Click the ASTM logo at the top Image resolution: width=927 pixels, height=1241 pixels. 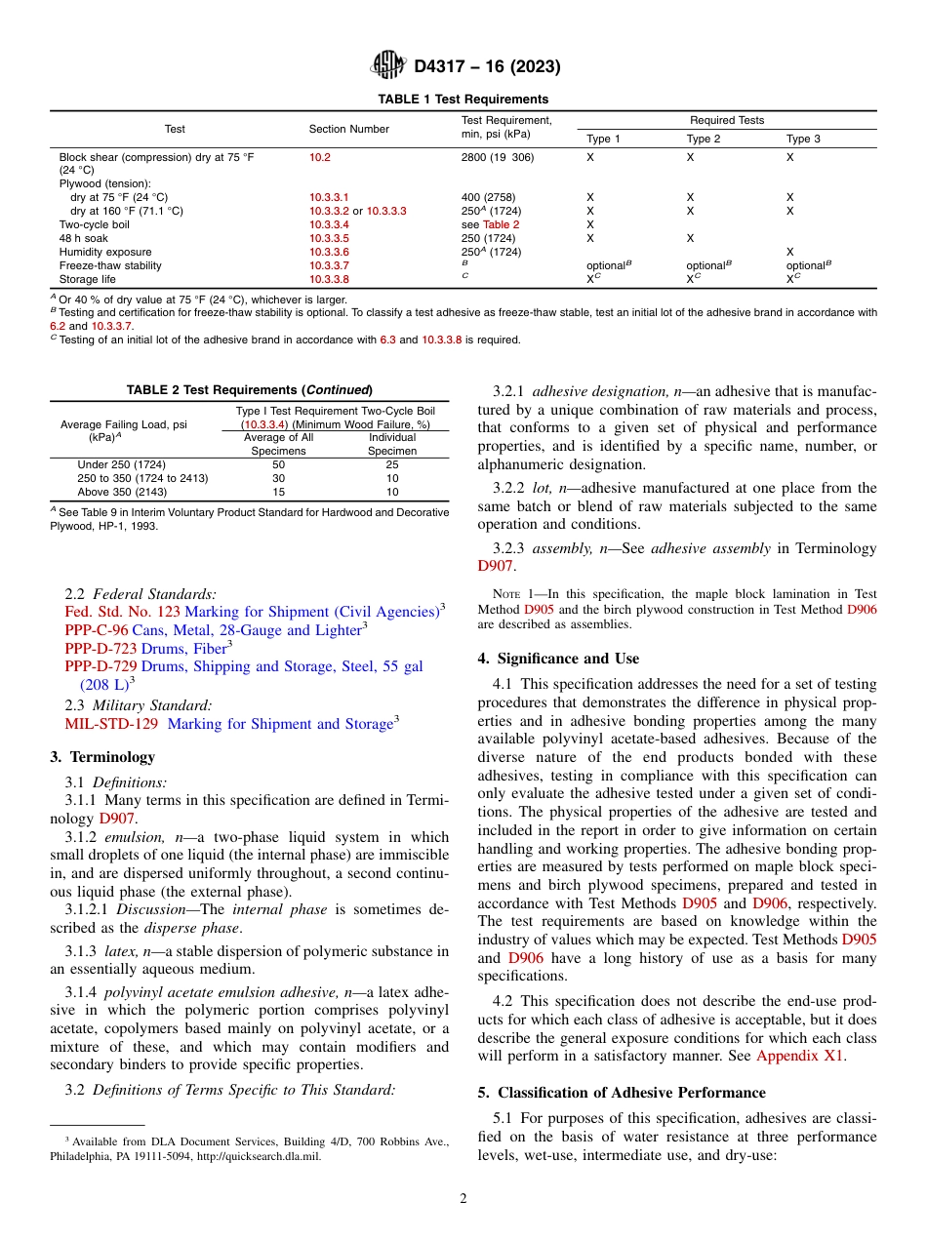388,66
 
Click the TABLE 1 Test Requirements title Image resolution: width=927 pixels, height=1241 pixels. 463,100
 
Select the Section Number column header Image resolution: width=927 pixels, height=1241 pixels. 348,129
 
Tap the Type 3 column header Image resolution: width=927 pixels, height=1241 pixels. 803,139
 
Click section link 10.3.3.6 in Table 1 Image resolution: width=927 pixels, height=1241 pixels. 329,252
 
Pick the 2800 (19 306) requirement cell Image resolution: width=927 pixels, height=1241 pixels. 497,156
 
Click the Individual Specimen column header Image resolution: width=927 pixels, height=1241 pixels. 391,444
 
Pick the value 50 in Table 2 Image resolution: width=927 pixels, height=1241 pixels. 278,464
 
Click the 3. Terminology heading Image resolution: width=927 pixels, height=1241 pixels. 102,757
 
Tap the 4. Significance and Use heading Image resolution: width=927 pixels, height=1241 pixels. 558,659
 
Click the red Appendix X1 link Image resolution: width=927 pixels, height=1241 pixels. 800,1056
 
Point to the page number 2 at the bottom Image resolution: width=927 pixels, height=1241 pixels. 463,1199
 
